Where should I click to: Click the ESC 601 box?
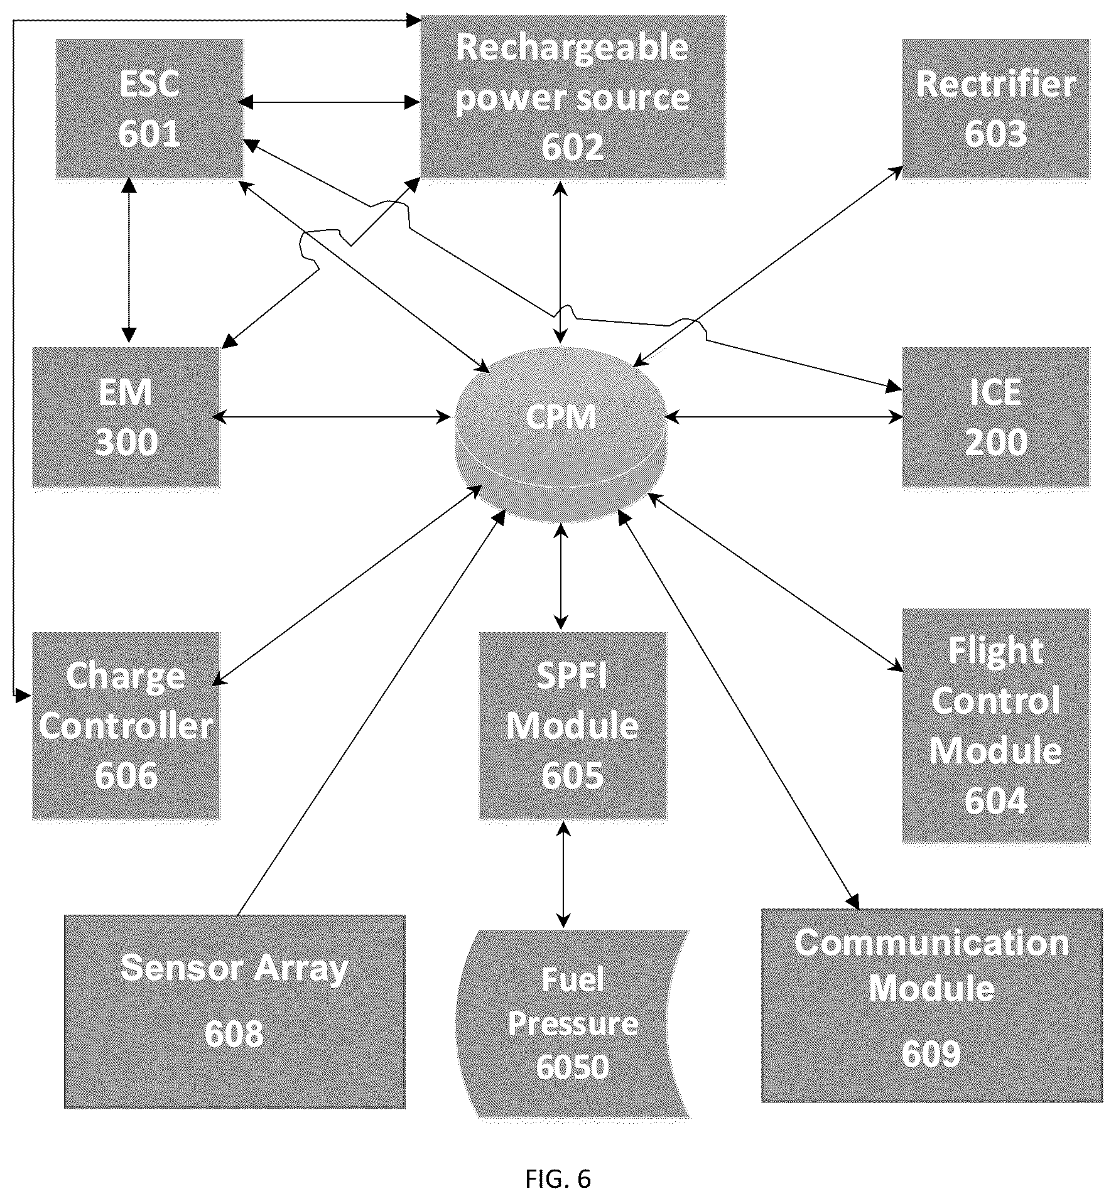[149, 109]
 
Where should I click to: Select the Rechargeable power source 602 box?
[573, 97]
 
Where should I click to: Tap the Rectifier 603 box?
[996, 109]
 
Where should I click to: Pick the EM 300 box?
[127, 417]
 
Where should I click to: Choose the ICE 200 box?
[996, 417]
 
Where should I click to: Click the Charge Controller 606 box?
[127, 726]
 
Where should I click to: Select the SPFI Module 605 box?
[573, 726]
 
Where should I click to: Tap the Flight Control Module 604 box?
[996, 726]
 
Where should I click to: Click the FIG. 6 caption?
[558, 1179]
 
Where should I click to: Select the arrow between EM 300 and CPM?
[332, 416]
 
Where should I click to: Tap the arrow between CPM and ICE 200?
[784, 416]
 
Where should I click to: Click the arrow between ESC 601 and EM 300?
[129, 260]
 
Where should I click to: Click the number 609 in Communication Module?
[932, 1053]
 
